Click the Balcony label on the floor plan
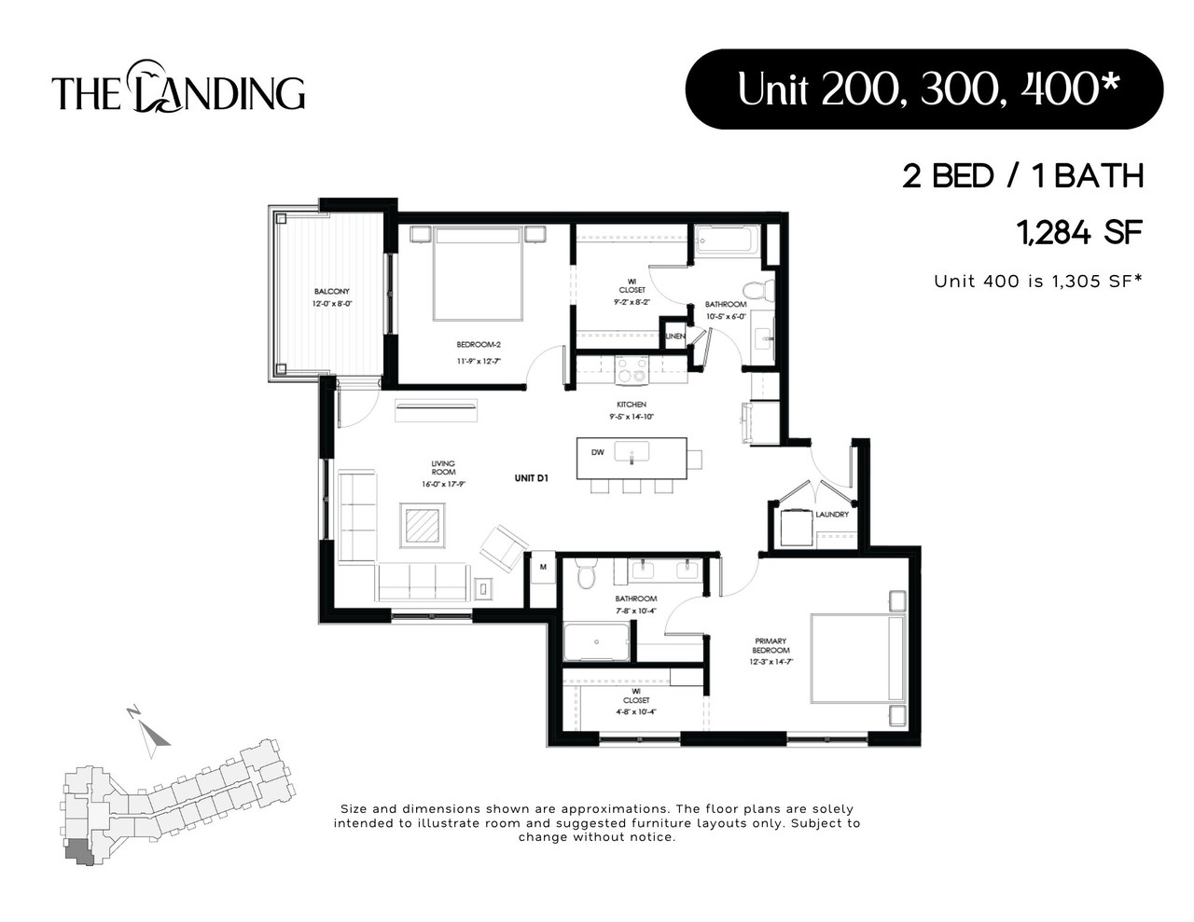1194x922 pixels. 331,292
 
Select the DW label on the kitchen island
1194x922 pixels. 598,452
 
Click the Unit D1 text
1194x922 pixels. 530,478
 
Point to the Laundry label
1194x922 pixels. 832,514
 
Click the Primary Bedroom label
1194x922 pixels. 771,646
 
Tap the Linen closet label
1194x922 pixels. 674,336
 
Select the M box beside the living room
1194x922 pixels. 542,567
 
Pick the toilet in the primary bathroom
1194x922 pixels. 586,574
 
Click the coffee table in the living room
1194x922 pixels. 423,526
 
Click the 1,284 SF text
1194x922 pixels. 1081,232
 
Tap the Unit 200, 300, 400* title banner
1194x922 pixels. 924,89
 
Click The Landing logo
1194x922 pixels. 178,89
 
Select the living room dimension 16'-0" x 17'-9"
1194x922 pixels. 443,484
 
